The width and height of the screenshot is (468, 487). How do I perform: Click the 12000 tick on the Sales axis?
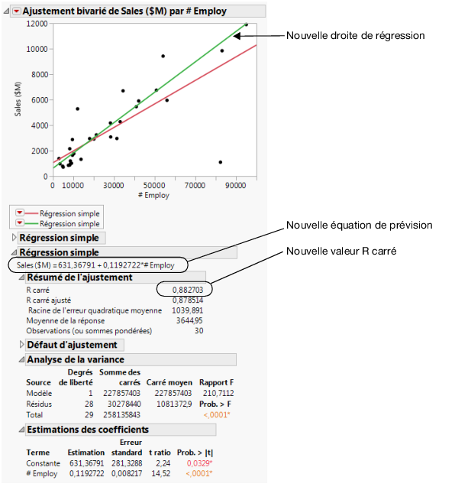[37, 24]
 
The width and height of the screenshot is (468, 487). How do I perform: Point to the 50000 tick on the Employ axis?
[154, 185]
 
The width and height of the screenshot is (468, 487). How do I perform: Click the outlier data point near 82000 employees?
[220, 162]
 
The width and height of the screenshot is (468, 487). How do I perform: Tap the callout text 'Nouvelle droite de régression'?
[355, 35]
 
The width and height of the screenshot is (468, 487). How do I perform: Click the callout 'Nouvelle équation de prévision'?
[359, 226]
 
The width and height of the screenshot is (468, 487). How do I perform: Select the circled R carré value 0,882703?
[184, 290]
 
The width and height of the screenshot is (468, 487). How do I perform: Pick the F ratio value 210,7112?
[216, 392]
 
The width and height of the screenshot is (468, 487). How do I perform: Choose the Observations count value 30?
[198, 330]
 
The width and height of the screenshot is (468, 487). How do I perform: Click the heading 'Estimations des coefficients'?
[87, 430]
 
